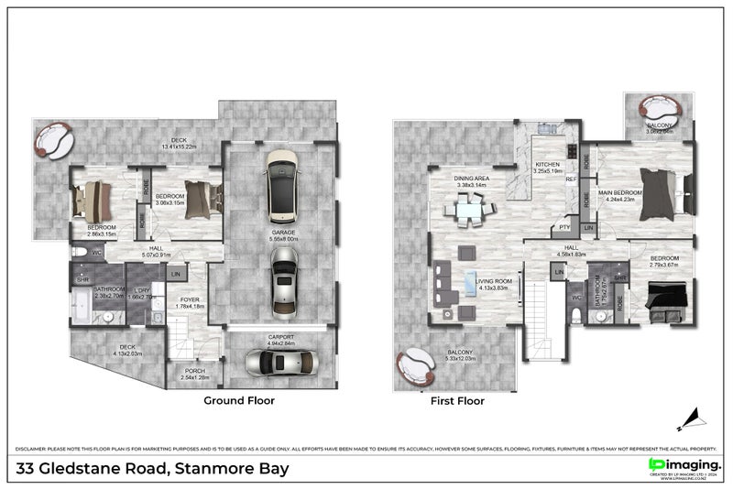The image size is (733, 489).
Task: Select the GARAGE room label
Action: [x=282, y=234]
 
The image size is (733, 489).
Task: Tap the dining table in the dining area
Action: [x=468, y=212]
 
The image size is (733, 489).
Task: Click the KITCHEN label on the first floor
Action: [x=548, y=166]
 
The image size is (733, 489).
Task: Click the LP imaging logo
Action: [x=684, y=466]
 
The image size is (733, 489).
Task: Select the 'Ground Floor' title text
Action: [x=238, y=400]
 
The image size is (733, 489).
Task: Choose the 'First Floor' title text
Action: [x=457, y=400]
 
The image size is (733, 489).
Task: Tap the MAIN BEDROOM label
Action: [x=619, y=193]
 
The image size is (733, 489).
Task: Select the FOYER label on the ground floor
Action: [x=190, y=299]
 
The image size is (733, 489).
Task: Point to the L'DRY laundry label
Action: [x=141, y=294]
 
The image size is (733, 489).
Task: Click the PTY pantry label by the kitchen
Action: [x=566, y=227]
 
